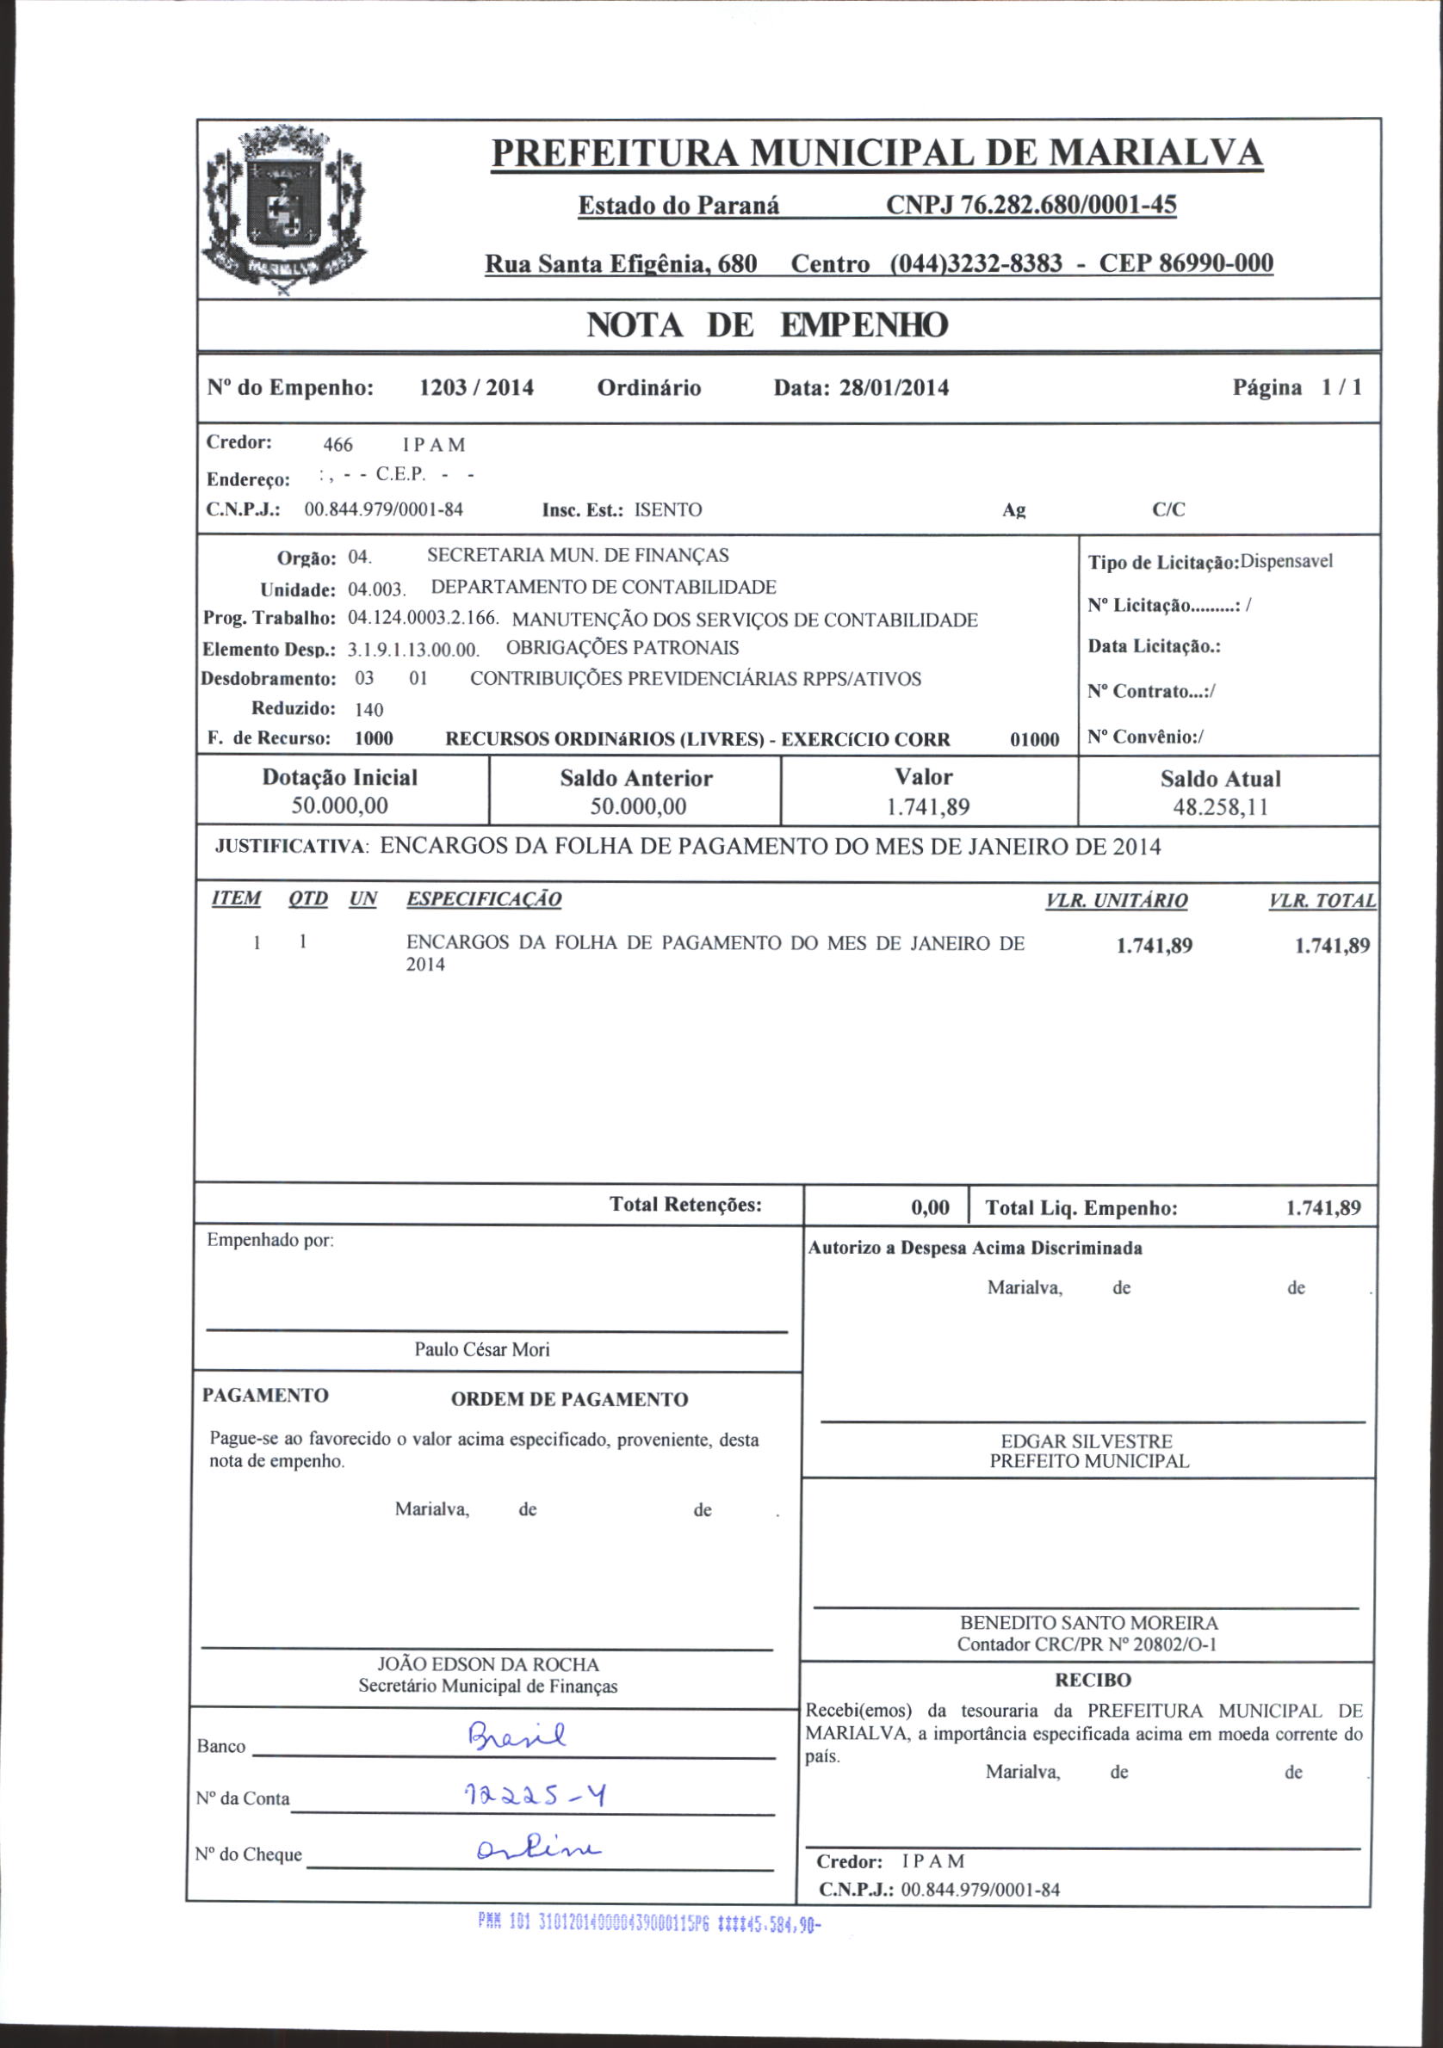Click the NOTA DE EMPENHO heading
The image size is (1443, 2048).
pyautogui.click(x=766, y=325)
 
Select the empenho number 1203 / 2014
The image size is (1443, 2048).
pyautogui.click(x=476, y=388)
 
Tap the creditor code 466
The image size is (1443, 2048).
pyautogui.click(x=338, y=445)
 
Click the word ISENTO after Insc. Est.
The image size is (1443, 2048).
pyautogui.click(x=667, y=510)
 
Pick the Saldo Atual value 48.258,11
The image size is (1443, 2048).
pyautogui.click(x=1220, y=807)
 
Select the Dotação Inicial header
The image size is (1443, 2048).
pyautogui.click(x=340, y=778)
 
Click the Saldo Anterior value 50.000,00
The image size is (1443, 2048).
pyautogui.click(x=638, y=807)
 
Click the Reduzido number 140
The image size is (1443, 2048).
pyautogui.click(x=368, y=710)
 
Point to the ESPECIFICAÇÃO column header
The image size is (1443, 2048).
pyautogui.click(x=484, y=899)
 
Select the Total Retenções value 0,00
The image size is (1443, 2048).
pyautogui.click(x=930, y=1208)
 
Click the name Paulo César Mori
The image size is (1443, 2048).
pyautogui.click(x=482, y=1349)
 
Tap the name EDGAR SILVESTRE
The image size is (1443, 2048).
pyautogui.click(x=1086, y=1441)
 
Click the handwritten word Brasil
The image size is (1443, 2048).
pyautogui.click(x=517, y=1736)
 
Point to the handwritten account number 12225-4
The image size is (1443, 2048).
pyautogui.click(x=536, y=1795)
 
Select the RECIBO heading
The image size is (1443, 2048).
pyautogui.click(x=1093, y=1681)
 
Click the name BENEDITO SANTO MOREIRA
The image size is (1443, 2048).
pyautogui.click(x=1089, y=1624)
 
